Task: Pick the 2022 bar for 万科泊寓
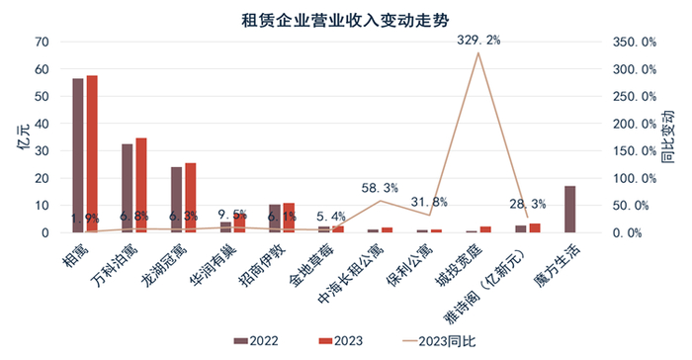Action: (127, 188)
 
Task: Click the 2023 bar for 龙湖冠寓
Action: (190, 198)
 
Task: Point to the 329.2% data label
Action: (479, 40)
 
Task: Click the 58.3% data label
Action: (381, 187)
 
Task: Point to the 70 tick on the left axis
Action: (42, 43)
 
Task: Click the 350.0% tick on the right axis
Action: (634, 43)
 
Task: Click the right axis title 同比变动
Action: (668, 137)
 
